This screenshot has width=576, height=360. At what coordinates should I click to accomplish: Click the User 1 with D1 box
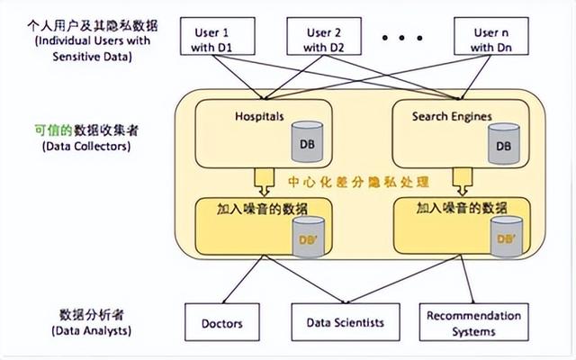218,36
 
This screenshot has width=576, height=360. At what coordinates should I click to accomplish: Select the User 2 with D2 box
324,36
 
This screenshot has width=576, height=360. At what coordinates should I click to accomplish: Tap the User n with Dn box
491,36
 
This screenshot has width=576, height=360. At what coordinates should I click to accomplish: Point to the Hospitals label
259,116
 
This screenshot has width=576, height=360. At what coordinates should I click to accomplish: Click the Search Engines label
452,116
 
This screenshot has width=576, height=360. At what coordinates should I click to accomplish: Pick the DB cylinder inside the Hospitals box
308,142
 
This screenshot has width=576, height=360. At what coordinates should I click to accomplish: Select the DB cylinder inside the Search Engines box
504,144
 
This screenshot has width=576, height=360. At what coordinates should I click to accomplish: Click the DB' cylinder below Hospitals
309,237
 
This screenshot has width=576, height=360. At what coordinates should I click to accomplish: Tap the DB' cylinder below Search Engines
507,236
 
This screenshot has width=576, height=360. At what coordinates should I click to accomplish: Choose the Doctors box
222,322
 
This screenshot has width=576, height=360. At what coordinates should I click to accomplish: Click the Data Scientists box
346,322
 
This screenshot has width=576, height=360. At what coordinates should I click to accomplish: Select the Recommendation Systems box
474,322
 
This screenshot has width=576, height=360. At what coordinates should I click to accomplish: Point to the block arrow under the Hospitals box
264,182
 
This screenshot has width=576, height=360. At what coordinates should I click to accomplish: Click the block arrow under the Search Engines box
463,182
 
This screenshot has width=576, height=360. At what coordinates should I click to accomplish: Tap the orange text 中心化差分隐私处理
358,182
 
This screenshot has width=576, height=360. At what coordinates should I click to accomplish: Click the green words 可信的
54,130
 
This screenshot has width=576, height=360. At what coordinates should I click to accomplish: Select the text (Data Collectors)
86,146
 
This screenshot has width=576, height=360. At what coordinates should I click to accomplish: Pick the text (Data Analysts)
92,330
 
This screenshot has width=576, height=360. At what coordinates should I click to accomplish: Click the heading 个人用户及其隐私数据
93,26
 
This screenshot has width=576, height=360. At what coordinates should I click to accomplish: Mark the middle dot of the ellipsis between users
402,38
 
